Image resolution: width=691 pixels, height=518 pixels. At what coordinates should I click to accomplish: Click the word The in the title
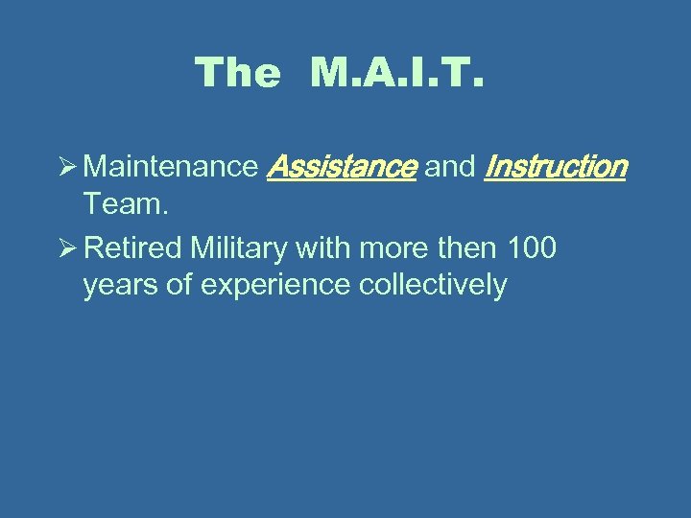tap(237, 73)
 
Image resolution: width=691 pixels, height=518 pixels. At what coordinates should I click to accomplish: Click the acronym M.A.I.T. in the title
tap(398, 73)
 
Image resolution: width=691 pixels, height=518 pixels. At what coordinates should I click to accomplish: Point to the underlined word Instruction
tap(556, 168)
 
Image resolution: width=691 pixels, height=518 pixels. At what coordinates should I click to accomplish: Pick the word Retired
tap(133, 249)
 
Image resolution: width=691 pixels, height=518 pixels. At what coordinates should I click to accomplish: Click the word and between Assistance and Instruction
tap(450, 168)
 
